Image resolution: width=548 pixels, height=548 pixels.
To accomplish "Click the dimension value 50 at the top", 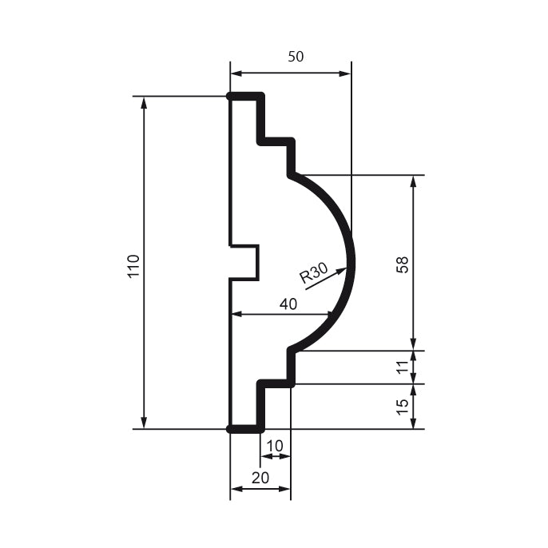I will click(295, 57).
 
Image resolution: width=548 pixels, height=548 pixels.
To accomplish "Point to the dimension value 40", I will click(288, 304).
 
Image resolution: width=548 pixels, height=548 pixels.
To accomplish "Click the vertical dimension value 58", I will click(403, 264).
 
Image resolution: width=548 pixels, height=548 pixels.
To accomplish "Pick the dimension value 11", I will click(403, 367).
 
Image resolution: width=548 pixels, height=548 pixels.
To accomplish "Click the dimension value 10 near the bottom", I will click(274, 444).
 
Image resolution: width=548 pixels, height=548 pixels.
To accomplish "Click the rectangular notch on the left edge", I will click(244, 262).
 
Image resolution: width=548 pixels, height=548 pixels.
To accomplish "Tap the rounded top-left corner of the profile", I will click(231, 97).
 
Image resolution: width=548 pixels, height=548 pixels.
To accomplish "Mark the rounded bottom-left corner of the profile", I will click(231, 429).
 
